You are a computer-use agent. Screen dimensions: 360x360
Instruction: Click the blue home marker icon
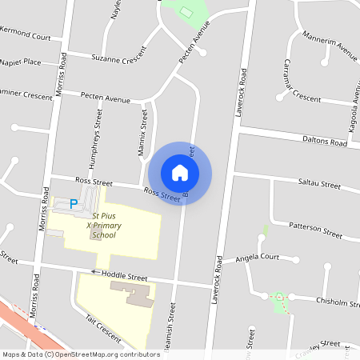(180, 173)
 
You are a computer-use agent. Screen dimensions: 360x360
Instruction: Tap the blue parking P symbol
(74, 205)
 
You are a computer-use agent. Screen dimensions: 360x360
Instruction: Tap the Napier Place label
(22, 62)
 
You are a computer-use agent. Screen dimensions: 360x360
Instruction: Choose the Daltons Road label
(324, 142)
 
